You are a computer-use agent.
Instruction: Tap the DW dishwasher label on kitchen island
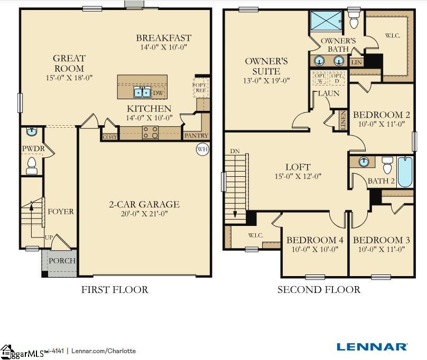coord(158,93)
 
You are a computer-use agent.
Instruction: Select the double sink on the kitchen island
coord(142,93)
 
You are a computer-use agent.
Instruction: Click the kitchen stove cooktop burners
coord(150,132)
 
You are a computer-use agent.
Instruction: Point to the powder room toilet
coord(32,166)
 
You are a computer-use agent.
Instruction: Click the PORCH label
coord(62,261)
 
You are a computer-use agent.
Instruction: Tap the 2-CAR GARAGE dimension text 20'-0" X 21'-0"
coord(144,214)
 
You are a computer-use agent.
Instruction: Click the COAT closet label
coord(109,137)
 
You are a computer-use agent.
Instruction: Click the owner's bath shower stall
coord(326,21)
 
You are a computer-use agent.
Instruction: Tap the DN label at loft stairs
coord(235,151)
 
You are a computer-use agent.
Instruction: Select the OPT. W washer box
coord(320,79)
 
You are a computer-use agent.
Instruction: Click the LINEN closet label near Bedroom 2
coord(342,120)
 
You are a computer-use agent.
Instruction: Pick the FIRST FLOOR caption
coord(115,289)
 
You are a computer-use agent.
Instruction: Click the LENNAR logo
coord(372,347)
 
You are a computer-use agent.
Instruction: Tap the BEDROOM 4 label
coord(314,240)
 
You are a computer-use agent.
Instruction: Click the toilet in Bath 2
coord(387,166)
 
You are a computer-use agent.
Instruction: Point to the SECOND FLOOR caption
coord(319,289)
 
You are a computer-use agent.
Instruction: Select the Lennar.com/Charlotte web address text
coord(104,350)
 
